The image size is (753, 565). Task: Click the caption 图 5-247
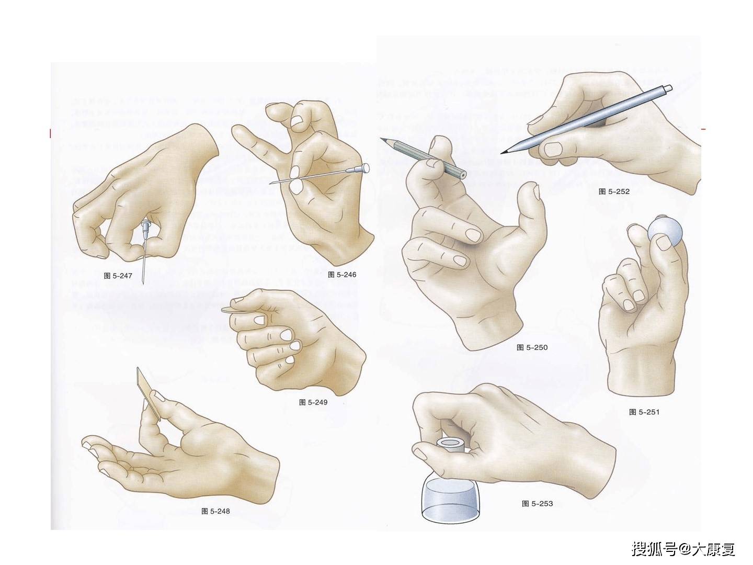click(118, 276)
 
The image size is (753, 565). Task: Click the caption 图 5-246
click(341, 274)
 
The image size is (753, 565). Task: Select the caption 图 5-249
click(313, 402)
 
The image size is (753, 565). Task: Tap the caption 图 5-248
click(215, 511)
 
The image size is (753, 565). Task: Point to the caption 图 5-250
click(532, 347)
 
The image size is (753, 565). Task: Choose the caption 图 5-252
click(614, 191)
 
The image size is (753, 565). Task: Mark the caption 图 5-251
click(644, 412)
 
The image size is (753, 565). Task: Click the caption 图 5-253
click(537, 504)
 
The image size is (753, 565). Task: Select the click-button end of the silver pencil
click(668, 88)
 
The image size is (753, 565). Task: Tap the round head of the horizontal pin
click(366, 167)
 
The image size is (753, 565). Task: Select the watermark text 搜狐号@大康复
click(683, 549)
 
